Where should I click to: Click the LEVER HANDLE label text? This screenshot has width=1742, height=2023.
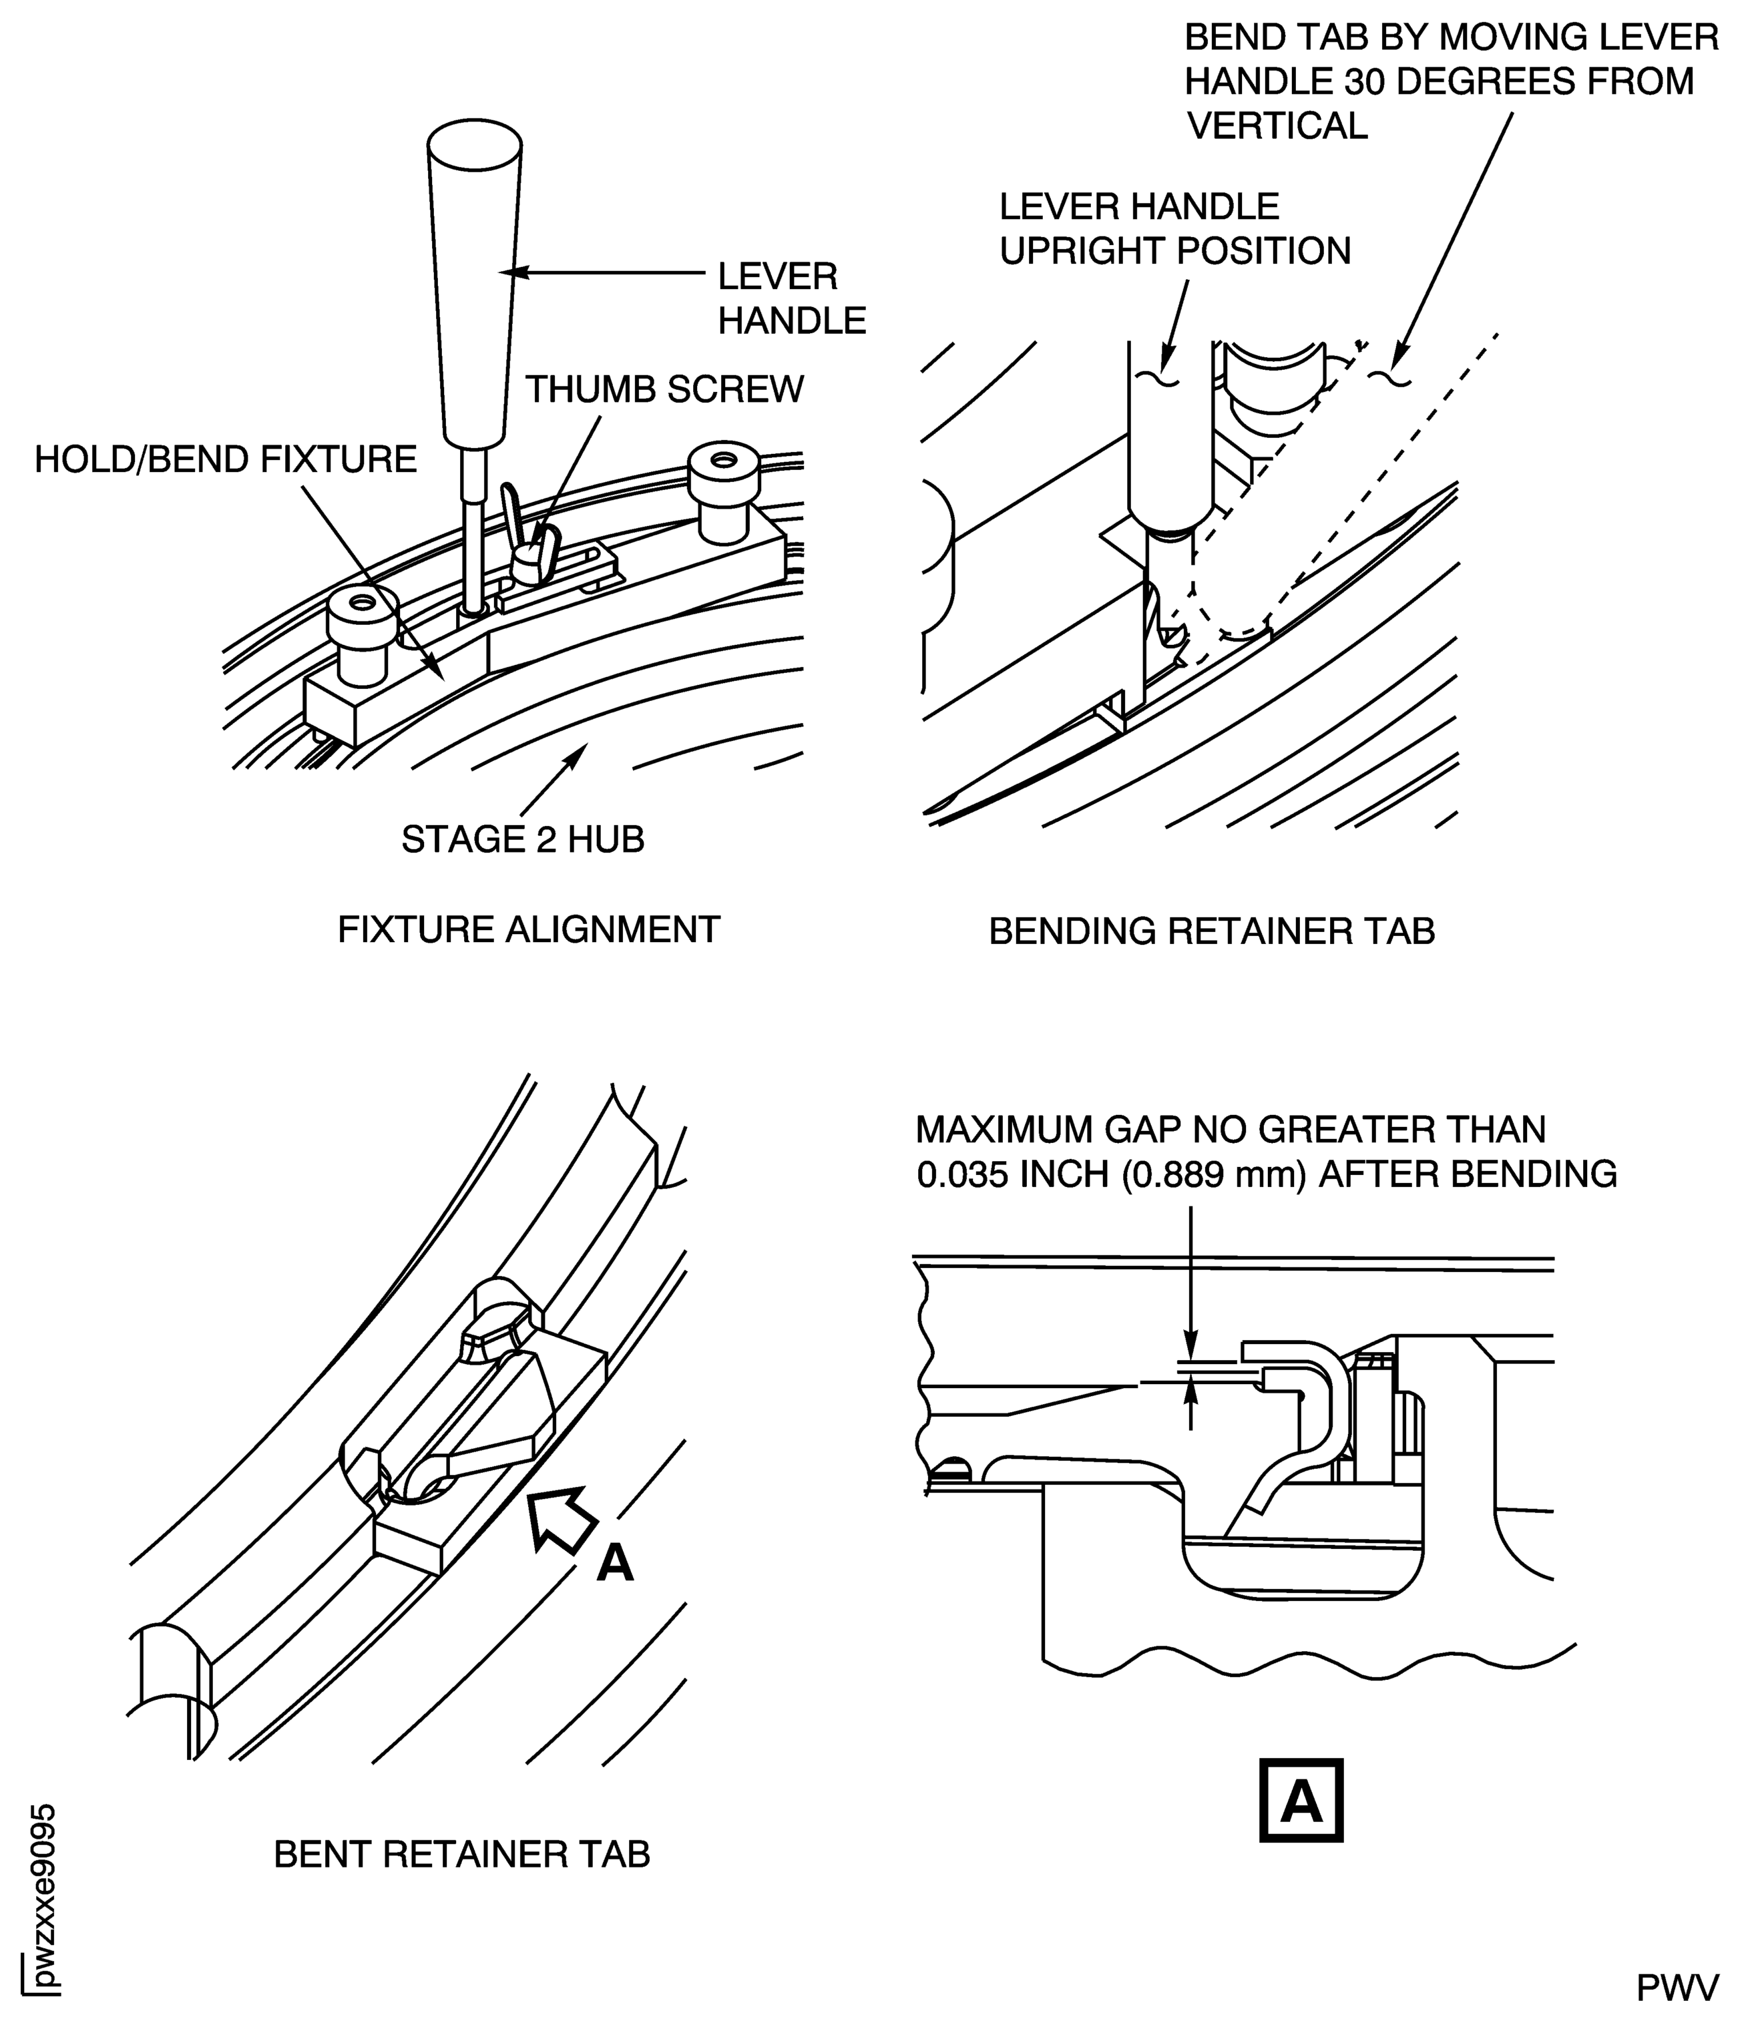click(x=791, y=298)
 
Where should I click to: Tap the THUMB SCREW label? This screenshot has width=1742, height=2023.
click(x=664, y=389)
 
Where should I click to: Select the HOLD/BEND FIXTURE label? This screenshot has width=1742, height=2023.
click(x=226, y=459)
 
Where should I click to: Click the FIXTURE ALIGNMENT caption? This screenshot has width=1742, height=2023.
click(x=528, y=929)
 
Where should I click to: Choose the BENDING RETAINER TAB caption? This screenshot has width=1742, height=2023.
click(x=1212, y=931)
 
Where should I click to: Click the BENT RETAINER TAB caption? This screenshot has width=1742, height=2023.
click(x=462, y=1853)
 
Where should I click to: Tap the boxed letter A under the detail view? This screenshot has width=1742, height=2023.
click(x=1301, y=1801)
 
